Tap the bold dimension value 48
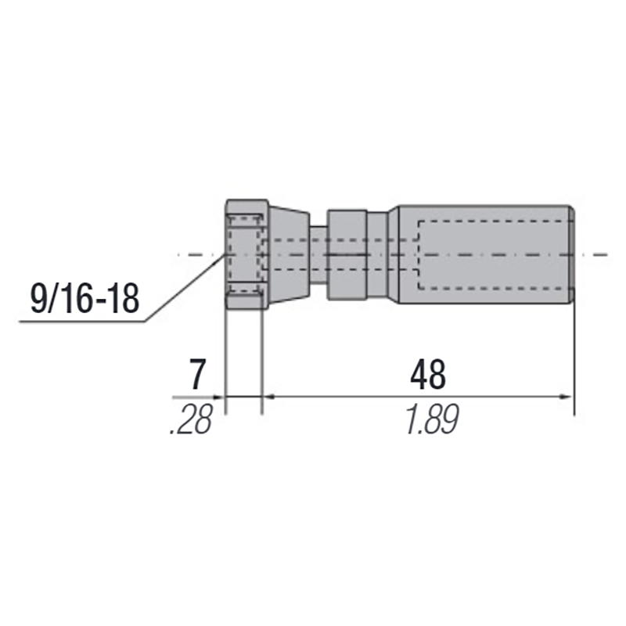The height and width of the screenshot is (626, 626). (x=427, y=376)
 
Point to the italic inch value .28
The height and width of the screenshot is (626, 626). (x=191, y=422)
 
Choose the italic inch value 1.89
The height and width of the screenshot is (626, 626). (x=430, y=422)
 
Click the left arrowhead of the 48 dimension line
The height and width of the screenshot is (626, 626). (x=268, y=398)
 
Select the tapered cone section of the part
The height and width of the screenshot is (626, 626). (x=289, y=255)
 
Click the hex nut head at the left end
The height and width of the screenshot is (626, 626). (x=245, y=254)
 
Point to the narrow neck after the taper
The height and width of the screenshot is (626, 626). (x=318, y=254)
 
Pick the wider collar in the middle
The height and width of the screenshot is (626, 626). (x=347, y=254)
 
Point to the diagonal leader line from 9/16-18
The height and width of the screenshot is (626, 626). (x=184, y=290)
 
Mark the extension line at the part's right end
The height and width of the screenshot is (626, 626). (x=574, y=352)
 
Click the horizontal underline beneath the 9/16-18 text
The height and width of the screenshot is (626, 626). (x=78, y=320)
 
